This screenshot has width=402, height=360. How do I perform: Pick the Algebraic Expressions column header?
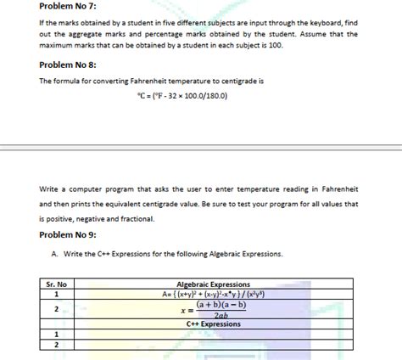(213, 284)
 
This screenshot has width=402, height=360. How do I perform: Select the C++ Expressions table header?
(213, 323)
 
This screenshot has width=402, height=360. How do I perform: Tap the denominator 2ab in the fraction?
(221, 315)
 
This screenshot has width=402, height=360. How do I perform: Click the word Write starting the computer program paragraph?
(49, 188)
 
